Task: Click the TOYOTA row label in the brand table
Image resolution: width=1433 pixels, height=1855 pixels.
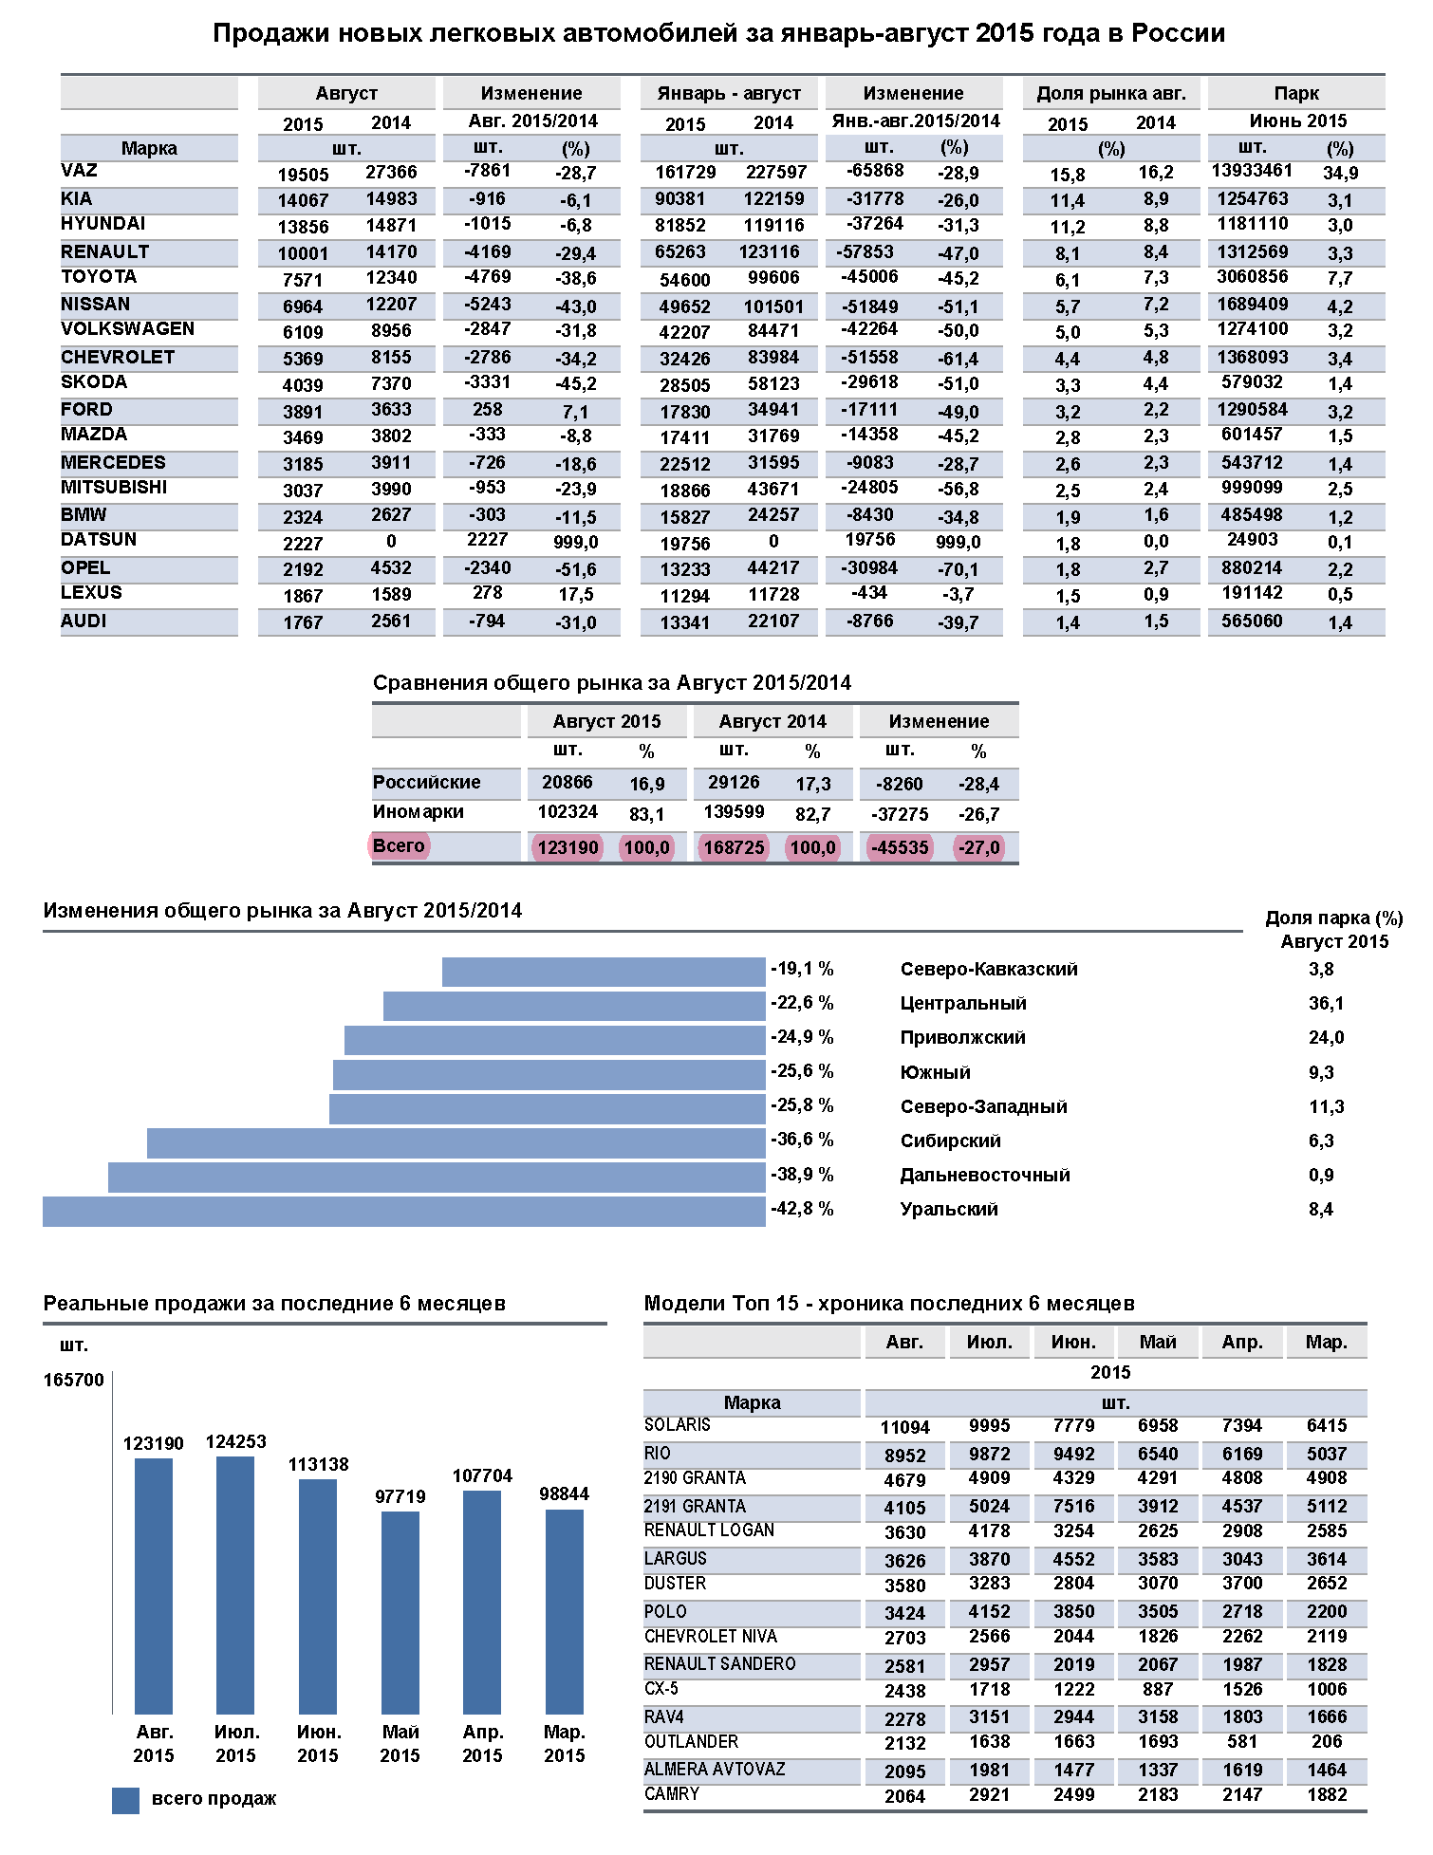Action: tap(99, 277)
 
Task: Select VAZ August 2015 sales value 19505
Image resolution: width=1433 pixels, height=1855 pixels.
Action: tap(303, 175)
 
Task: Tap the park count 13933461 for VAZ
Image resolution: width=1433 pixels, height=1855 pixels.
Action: tap(1252, 171)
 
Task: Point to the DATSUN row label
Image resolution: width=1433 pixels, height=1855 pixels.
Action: tap(99, 540)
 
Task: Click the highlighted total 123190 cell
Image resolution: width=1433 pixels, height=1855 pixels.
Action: tap(568, 847)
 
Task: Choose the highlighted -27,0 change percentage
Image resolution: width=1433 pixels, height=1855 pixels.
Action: tap(978, 847)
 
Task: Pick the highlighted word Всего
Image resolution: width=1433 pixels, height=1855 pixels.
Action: tap(399, 845)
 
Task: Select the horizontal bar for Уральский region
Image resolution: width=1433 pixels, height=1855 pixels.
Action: tap(404, 1212)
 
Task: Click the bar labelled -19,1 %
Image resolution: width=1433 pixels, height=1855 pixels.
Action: tap(604, 972)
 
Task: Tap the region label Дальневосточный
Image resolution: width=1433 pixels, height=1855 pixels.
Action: tap(985, 1176)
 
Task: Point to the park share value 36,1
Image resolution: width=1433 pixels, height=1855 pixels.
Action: tap(1326, 1004)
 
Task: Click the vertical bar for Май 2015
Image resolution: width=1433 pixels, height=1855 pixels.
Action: tap(400, 1612)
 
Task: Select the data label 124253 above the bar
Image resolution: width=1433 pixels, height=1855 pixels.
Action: tap(235, 1442)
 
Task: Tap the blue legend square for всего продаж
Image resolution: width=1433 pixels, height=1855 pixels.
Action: tap(125, 1800)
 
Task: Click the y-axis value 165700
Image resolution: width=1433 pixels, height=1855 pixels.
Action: tap(73, 1381)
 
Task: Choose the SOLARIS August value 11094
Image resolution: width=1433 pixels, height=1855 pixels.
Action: tap(904, 1428)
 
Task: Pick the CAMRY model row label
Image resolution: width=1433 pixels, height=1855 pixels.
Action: tap(672, 1794)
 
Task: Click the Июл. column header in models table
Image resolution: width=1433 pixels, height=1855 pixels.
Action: tap(989, 1343)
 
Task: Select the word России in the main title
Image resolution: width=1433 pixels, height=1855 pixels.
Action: tap(1178, 33)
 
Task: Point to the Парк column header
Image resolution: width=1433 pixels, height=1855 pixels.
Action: tap(1296, 93)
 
